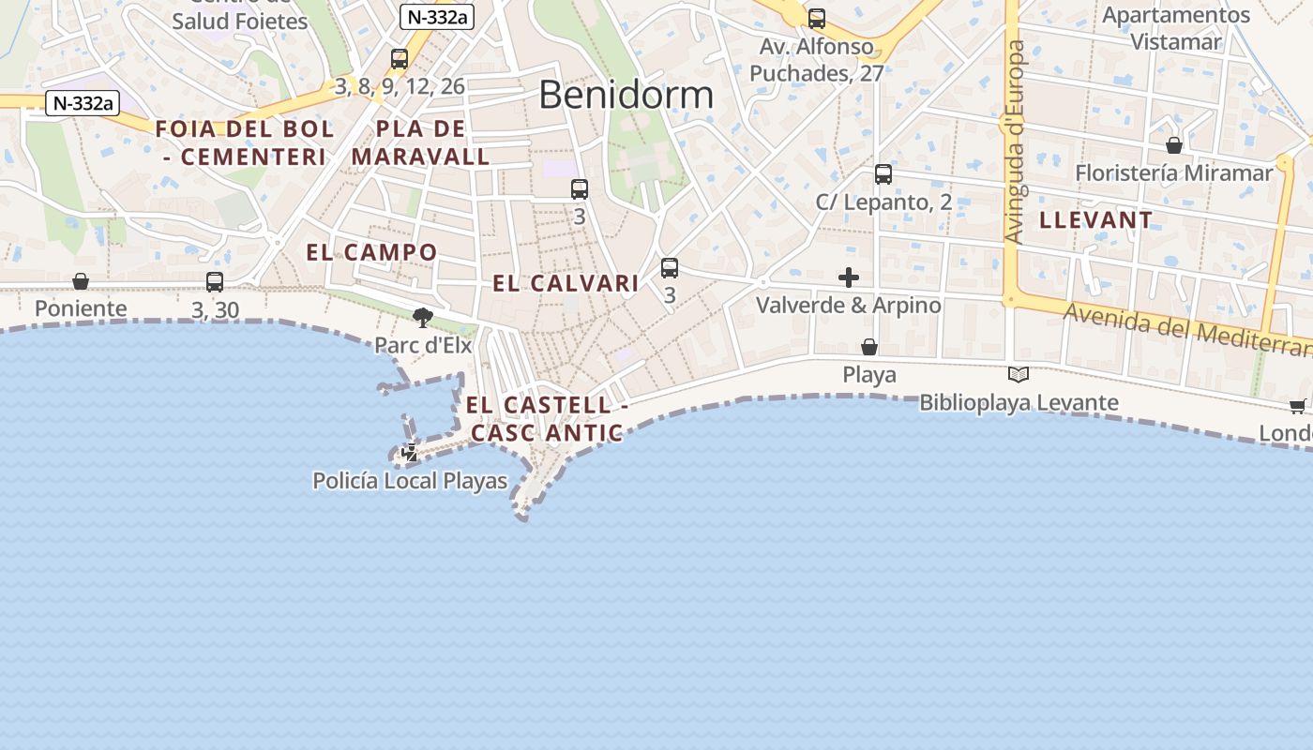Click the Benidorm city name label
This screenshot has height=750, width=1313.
tap(626, 95)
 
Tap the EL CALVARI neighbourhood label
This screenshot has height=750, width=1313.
tap(566, 283)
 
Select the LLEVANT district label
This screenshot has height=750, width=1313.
tap(1096, 220)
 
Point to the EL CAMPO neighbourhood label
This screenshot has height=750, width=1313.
tap(371, 252)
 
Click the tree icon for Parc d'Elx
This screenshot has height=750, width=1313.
tap(423, 318)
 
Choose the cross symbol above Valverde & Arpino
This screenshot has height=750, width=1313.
tap(849, 277)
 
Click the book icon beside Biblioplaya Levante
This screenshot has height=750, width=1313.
tap(1018, 375)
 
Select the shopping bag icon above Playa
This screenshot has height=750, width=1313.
tap(869, 347)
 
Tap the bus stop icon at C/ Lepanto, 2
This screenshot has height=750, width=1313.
tap(883, 174)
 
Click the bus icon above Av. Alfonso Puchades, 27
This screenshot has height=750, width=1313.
tap(817, 18)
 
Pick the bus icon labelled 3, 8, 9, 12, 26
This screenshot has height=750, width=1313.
tap(400, 59)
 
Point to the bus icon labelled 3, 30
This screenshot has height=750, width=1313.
tap(215, 281)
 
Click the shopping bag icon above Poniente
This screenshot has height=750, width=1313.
tap(81, 281)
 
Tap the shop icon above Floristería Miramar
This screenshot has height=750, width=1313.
tap(1173, 145)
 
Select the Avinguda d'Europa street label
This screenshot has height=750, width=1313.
tap(1015, 142)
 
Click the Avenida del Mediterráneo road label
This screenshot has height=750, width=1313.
tap(1186, 331)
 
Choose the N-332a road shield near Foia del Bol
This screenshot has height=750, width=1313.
tap(83, 103)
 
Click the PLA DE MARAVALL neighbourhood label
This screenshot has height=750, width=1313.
tap(420, 142)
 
